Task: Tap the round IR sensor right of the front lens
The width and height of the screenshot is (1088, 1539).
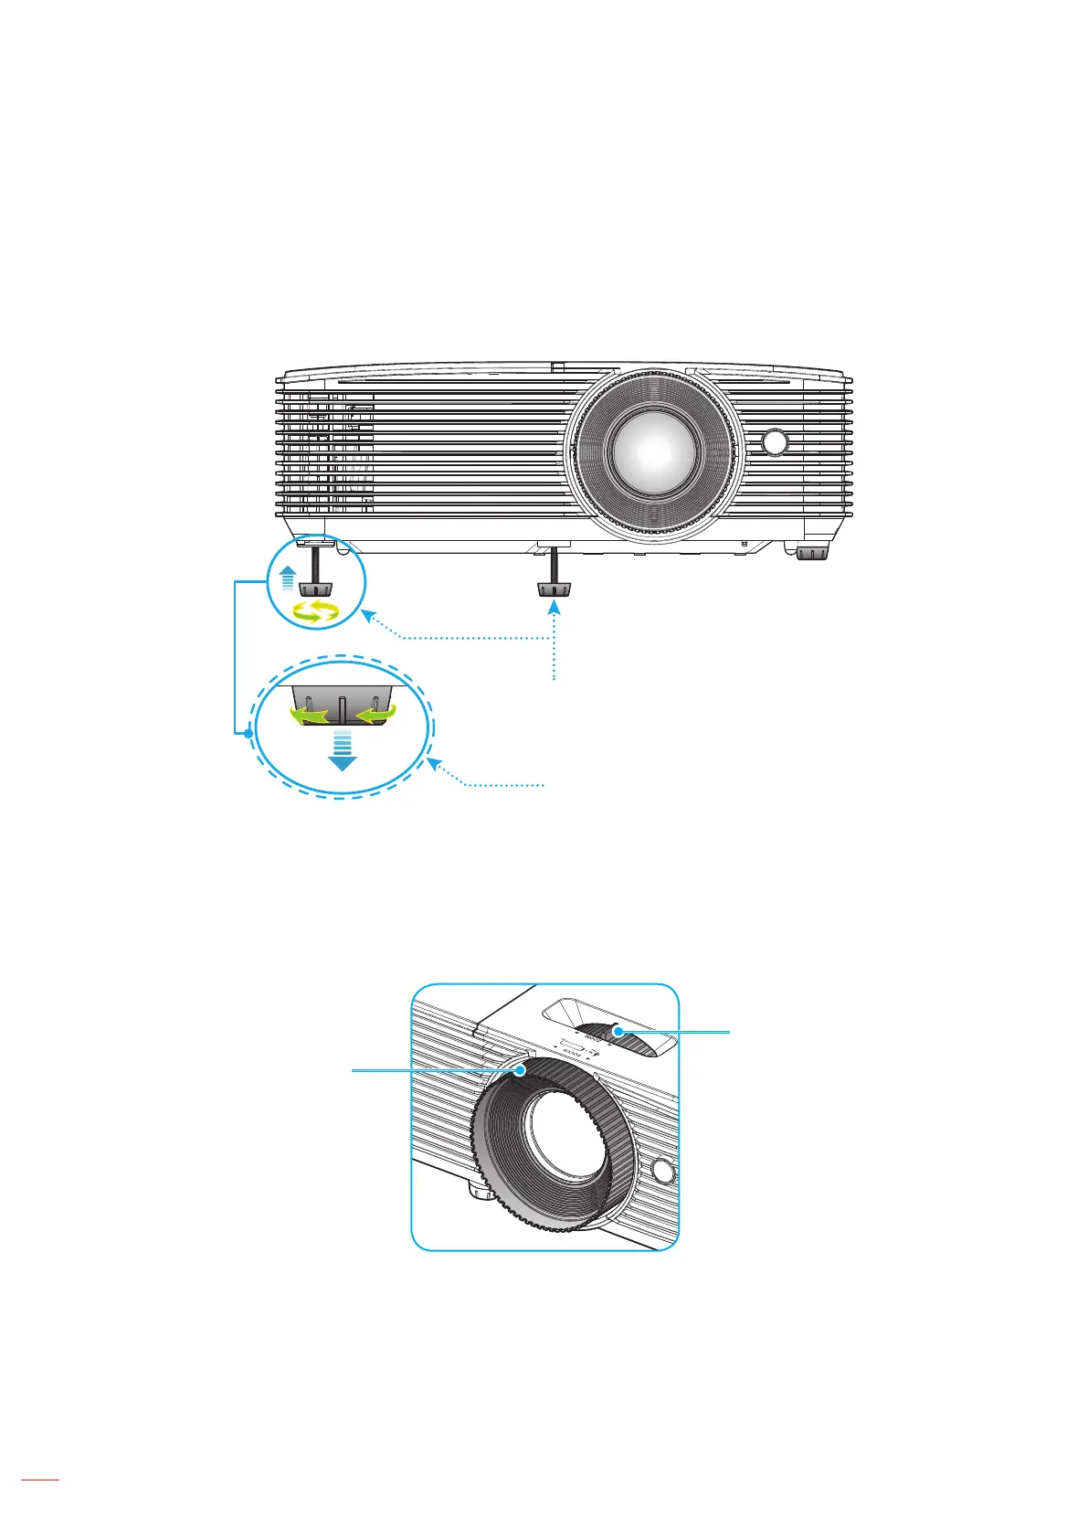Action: [775, 442]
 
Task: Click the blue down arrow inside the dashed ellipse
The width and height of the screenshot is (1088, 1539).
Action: [342, 750]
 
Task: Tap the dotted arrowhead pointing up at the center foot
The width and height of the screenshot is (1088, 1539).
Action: [554, 607]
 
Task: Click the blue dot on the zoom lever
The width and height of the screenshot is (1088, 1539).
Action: [618, 1032]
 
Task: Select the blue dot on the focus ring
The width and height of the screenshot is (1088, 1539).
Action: [520, 1070]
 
